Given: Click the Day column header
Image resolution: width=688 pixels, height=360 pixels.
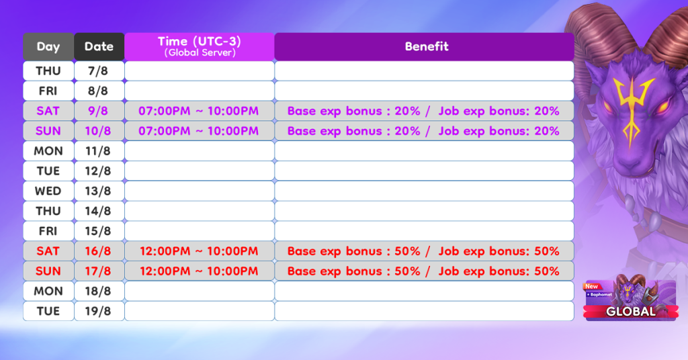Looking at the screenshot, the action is pyautogui.click(x=48, y=46).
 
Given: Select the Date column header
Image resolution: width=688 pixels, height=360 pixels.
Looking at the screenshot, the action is pyautogui.click(x=99, y=46).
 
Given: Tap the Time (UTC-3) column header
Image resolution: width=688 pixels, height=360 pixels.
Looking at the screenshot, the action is pyautogui.click(x=200, y=46).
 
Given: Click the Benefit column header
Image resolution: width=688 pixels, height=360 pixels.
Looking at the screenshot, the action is pyautogui.click(x=425, y=46).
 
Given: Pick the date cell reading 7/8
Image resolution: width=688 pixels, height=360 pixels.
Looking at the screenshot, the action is pyautogui.click(x=99, y=71).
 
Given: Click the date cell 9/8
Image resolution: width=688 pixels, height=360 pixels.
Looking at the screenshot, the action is pyautogui.click(x=99, y=111).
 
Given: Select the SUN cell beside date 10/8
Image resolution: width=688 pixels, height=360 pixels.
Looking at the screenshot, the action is pyautogui.click(x=48, y=131).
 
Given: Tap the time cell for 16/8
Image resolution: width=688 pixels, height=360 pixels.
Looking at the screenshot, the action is pyautogui.click(x=200, y=251).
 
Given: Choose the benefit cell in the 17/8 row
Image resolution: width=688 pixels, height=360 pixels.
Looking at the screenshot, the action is pyautogui.click(x=425, y=271).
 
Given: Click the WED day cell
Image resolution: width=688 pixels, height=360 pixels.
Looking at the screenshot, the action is pyautogui.click(x=48, y=191).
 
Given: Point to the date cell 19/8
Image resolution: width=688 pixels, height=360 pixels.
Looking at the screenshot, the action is pyautogui.click(x=99, y=312).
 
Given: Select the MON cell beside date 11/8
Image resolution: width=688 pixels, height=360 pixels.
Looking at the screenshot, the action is pyautogui.click(x=48, y=151).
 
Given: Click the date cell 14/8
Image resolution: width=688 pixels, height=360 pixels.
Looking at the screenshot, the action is pyautogui.click(x=99, y=212).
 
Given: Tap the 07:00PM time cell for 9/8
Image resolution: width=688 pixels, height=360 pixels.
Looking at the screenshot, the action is pyautogui.click(x=200, y=111).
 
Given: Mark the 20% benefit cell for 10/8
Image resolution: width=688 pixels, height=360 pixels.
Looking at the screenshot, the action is pyautogui.click(x=425, y=131).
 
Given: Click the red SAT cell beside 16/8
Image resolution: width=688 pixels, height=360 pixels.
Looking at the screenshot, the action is pyautogui.click(x=48, y=251).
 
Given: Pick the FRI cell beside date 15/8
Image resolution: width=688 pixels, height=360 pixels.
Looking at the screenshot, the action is pyautogui.click(x=48, y=231).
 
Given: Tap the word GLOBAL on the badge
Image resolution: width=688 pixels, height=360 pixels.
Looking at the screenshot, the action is pyautogui.click(x=630, y=312).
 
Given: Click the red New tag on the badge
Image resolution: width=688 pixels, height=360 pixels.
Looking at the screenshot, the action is pyautogui.click(x=591, y=286).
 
